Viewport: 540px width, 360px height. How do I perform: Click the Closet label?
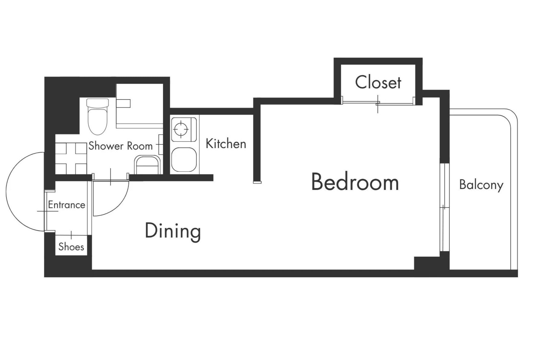click(x=378, y=82)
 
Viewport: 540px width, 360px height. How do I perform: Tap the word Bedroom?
click(x=355, y=182)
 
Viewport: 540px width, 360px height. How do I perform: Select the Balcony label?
click(x=481, y=185)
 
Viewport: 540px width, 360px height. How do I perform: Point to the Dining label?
click(x=173, y=231)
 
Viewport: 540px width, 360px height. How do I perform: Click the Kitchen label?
click(x=226, y=144)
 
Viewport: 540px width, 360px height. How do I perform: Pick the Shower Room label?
click(x=120, y=146)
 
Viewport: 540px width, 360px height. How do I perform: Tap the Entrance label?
click(x=66, y=205)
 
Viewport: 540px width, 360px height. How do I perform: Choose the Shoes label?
click(x=71, y=247)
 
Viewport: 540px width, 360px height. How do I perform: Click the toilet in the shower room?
click(x=98, y=116)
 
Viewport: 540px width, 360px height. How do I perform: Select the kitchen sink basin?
click(x=184, y=160)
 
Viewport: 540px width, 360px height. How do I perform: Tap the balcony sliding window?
click(x=444, y=207)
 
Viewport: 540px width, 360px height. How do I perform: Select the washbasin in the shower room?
click(x=147, y=165)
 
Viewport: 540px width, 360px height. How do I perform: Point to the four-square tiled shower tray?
click(x=71, y=158)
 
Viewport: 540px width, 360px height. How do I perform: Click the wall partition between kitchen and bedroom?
click(x=257, y=141)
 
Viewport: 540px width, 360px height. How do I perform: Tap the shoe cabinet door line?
click(x=71, y=235)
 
